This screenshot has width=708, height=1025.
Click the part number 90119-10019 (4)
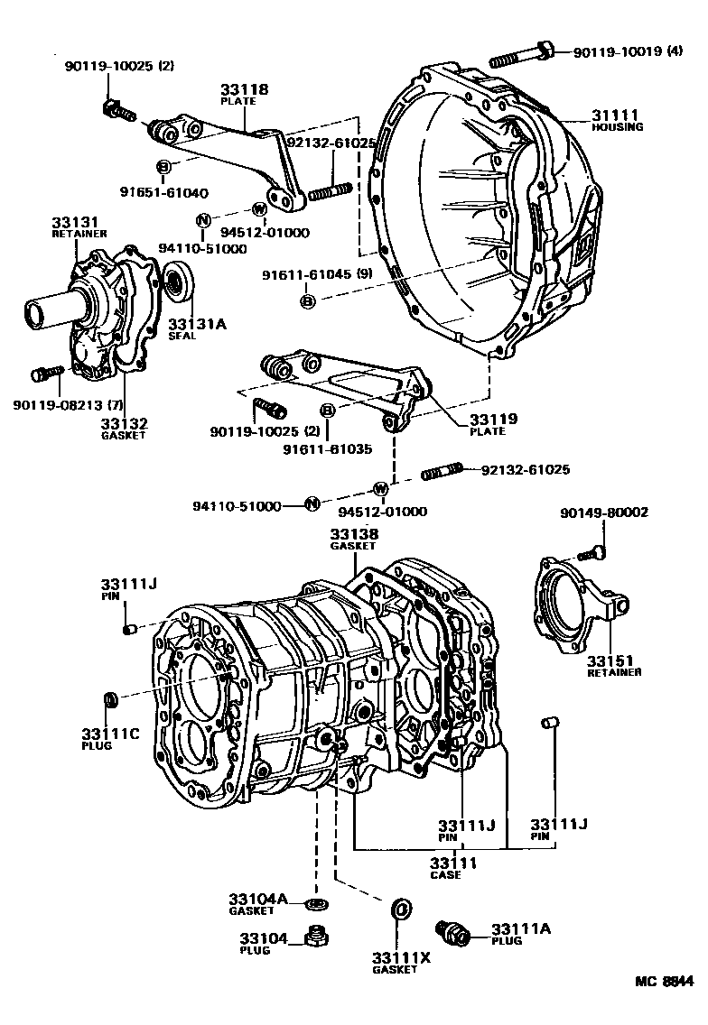point(629,52)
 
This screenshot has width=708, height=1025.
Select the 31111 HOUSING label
point(617,121)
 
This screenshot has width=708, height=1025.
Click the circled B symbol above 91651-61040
point(163,167)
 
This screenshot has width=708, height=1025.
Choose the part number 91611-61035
point(328,448)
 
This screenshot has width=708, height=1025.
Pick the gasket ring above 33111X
point(400,909)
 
